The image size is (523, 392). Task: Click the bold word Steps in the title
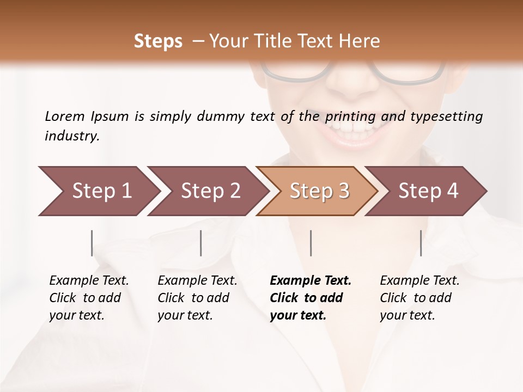pos(158,41)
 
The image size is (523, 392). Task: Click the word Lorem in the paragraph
pos(65,116)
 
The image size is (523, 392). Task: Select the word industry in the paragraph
pos(71,136)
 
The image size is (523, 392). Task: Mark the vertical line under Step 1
pos(92,243)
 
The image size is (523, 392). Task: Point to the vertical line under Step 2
pos(201,243)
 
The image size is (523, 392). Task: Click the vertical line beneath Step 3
pos(311,243)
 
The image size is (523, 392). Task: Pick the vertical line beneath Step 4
pos(421,243)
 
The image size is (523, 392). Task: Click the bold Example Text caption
pos(311,297)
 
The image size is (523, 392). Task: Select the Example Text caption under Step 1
pos(89,297)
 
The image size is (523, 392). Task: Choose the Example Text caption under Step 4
pos(419,297)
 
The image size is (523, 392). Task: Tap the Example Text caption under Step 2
pos(197,297)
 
